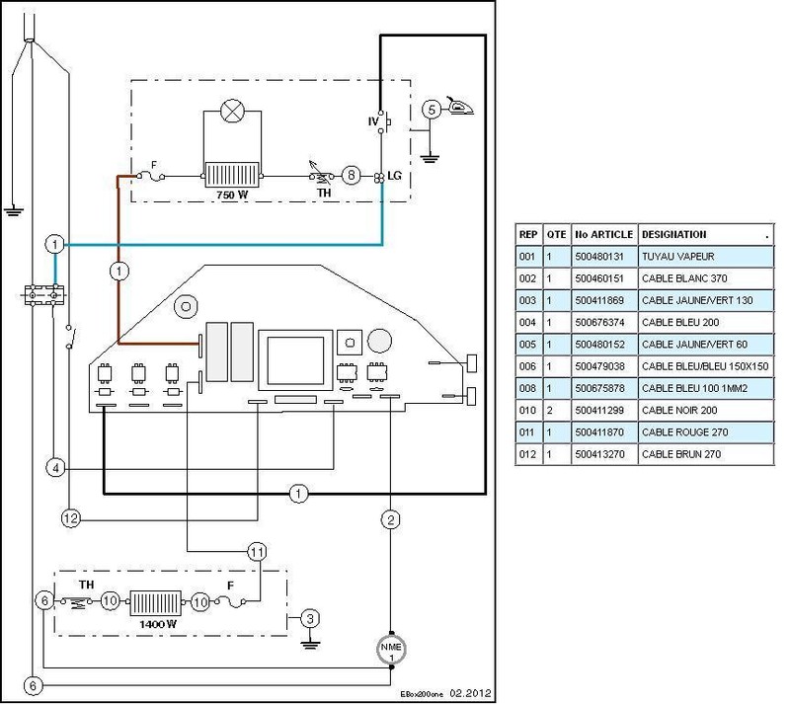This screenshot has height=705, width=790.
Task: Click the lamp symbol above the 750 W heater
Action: (233, 111)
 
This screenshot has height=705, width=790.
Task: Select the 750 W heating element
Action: (232, 176)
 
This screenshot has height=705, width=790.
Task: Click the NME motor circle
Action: (391, 650)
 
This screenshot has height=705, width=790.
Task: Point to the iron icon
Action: (459, 106)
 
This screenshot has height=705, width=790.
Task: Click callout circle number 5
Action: (432, 110)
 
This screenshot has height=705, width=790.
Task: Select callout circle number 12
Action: (71, 518)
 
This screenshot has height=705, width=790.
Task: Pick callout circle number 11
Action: (257, 552)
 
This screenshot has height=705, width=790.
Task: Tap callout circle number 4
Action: (55, 468)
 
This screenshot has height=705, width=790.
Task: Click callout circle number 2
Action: (391, 519)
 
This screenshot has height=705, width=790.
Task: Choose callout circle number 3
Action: (310, 618)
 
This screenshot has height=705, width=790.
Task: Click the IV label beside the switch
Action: (373, 121)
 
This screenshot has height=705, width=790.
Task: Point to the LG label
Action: (394, 176)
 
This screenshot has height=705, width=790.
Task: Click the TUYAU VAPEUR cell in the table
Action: (706, 257)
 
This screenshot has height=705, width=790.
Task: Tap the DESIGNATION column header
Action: (674, 235)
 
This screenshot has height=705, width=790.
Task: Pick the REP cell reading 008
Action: (527, 388)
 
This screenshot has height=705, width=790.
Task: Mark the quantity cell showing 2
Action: (550, 411)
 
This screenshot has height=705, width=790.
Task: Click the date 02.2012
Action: (470, 693)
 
